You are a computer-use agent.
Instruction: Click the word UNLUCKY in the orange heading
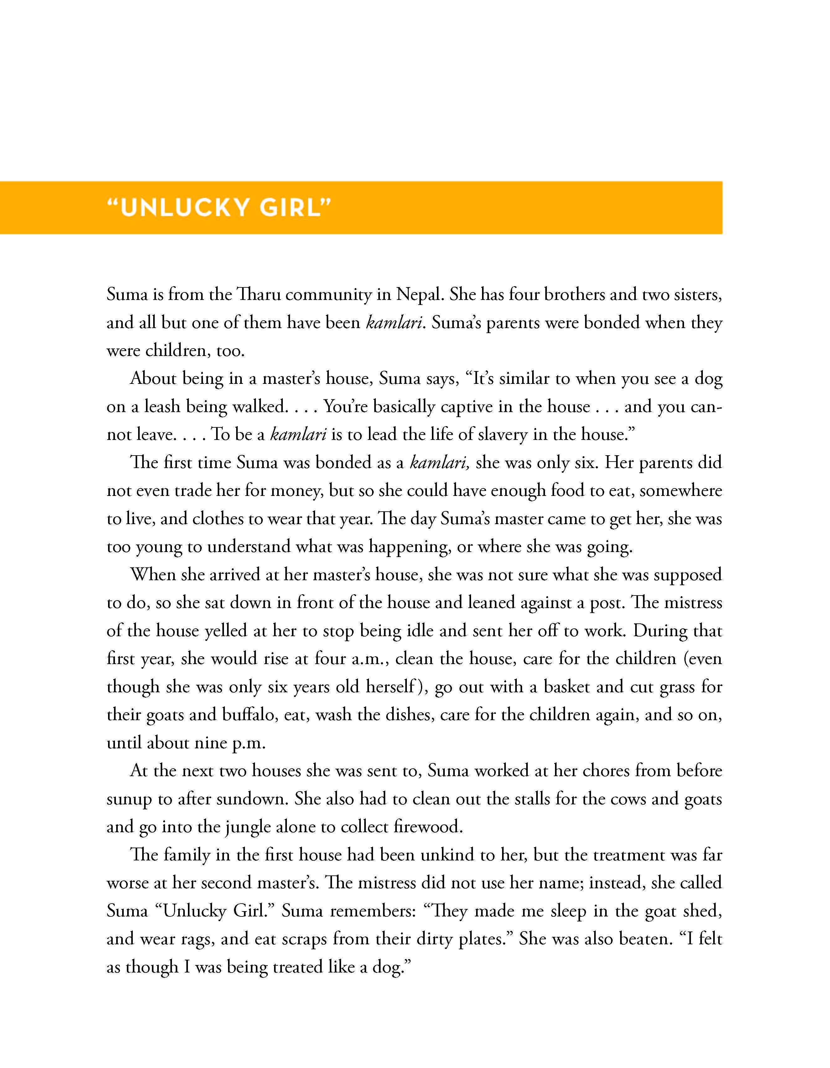click(185, 208)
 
